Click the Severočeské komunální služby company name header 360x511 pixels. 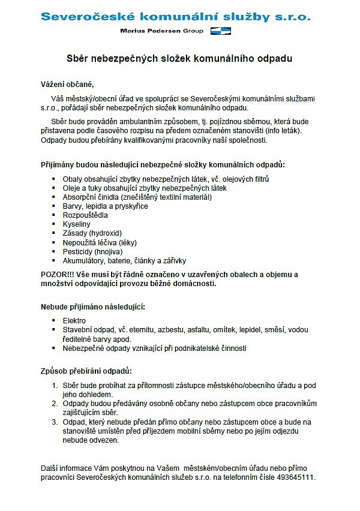[x=175, y=16]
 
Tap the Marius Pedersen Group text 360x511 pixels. [x=161, y=31]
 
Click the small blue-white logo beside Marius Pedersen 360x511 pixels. [x=221, y=31]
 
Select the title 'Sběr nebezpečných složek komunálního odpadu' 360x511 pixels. [x=179, y=59]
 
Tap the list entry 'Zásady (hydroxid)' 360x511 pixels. [x=92, y=233]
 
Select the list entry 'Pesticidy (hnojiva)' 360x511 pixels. [x=92, y=252]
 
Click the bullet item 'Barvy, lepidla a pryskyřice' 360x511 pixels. [x=105, y=206]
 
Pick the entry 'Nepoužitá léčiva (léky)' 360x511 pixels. [x=100, y=242]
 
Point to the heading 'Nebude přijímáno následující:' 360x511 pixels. [x=93, y=307]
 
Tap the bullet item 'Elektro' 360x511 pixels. [x=74, y=321]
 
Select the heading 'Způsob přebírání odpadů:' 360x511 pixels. [x=86, y=371]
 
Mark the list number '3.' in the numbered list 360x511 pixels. [x=55, y=422]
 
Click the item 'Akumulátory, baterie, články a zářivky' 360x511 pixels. [x=124, y=261]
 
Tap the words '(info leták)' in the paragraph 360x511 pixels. [x=281, y=130]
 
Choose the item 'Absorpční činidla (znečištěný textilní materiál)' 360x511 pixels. [x=137, y=197]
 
